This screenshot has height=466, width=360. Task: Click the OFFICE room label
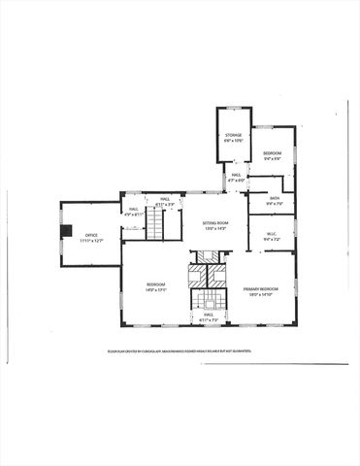point(91,234)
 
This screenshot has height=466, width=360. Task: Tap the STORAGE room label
point(234,135)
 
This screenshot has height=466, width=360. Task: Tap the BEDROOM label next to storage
point(272,152)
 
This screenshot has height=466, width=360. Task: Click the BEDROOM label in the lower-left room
point(155,285)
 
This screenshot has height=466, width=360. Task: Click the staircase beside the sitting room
point(156,227)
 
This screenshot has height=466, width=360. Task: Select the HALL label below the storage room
point(235,175)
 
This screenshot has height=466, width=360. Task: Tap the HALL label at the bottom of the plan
point(208,315)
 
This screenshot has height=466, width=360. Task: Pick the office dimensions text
point(91,240)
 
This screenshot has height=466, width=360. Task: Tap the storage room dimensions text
point(234,141)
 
